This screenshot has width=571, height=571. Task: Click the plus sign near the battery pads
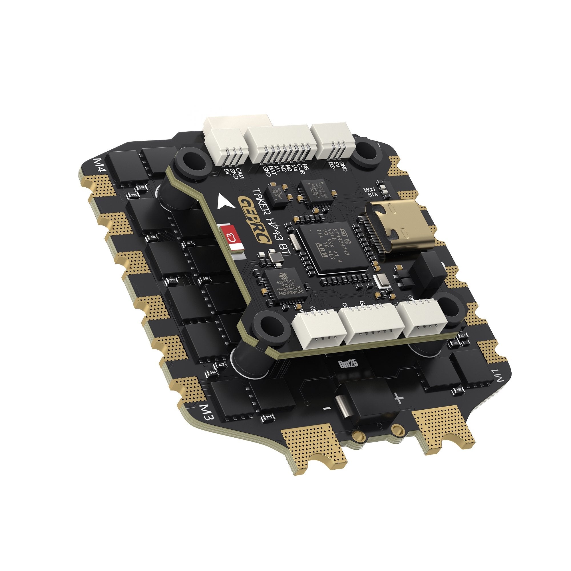tap(399, 399)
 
